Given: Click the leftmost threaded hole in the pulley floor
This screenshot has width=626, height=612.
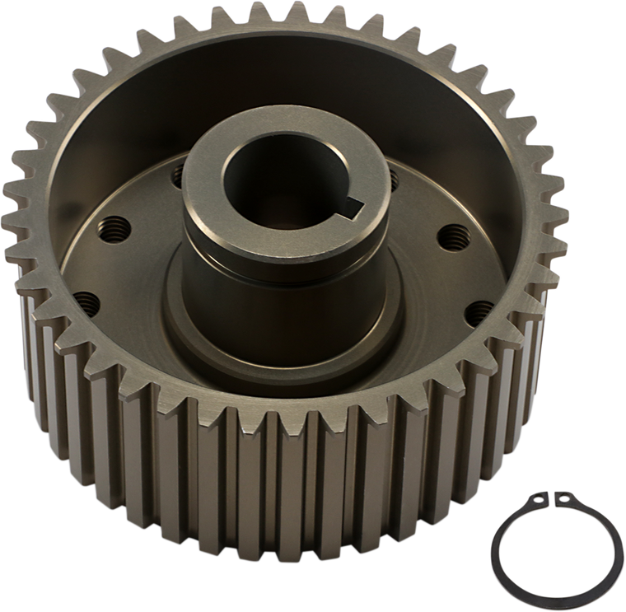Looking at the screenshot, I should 81,298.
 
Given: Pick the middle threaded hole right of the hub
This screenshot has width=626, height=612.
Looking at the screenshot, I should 451,233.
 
